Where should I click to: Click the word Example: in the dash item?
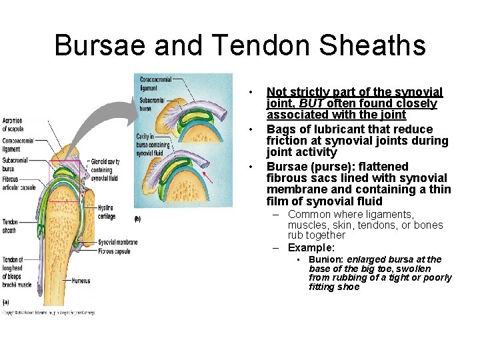[311, 248]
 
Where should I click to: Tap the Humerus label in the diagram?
[81, 281]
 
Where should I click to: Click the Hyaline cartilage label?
[106, 212]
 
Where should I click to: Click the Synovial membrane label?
[117, 242]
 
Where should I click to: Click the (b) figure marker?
[138, 219]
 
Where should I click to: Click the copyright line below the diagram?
[50, 312]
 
